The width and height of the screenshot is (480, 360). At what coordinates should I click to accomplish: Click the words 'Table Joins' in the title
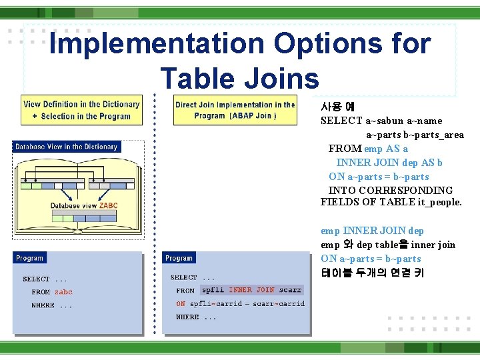240,79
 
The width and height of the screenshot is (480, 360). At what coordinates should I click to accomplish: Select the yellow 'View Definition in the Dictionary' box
81,110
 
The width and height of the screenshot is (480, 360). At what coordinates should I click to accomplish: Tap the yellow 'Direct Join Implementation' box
235,110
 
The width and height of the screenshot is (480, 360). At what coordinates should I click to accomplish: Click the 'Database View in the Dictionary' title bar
66,147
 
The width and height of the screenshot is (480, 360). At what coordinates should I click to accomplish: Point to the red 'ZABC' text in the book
108,206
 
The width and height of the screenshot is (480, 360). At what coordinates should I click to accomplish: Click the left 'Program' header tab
30,258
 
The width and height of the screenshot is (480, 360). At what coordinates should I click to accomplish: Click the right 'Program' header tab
179,258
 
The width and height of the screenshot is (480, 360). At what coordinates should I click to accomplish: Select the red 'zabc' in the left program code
63,292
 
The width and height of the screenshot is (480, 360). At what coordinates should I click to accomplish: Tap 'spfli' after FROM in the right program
213,290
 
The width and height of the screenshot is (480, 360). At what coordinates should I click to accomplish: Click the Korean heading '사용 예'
337,107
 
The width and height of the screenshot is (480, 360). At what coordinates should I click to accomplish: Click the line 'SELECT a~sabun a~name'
381,121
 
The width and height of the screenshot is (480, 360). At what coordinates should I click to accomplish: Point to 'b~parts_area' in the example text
433,135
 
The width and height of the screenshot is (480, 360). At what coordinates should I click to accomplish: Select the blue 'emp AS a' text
386,149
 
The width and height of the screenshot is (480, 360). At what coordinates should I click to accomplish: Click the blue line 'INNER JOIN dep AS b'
389,163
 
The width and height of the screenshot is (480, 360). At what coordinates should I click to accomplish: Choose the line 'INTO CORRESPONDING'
391,190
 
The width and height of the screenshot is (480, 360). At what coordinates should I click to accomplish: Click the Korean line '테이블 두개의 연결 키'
372,273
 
